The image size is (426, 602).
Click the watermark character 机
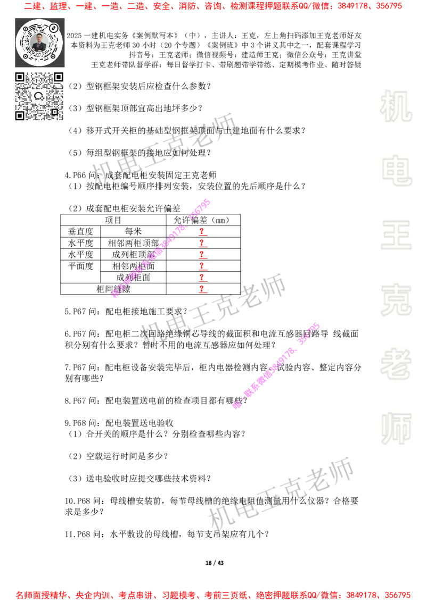coord(396,106)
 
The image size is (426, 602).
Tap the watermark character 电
coord(398,170)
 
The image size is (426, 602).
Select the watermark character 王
coord(396,236)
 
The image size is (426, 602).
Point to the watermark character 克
coord(396,300)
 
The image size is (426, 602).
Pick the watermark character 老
coord(396,364)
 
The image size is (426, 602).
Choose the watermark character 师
coord(396,430)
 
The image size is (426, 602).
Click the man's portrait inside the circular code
coord(39,42)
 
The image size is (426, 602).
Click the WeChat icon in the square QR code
coord(39,96)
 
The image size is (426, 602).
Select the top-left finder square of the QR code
coord(20,77)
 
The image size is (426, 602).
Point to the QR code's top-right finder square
coord(59,77)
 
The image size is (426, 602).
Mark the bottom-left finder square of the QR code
coord(20,115)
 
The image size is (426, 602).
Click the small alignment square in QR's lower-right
coord(54,112)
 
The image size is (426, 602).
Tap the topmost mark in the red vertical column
coord(202,232)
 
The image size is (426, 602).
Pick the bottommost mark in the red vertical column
coord(202,290)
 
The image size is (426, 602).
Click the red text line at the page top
coord(213,6)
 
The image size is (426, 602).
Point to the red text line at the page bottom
coord(213,595)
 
